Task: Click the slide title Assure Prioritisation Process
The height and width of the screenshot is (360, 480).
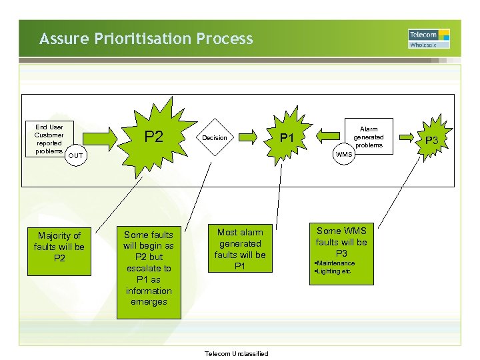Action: point(146,39)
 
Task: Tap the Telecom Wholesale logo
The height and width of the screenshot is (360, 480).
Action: point(429,39)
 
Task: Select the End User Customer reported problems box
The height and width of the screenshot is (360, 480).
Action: point(49,139)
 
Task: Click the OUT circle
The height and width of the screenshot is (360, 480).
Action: point(77,156)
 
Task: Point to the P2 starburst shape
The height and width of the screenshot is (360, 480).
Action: point(154,137)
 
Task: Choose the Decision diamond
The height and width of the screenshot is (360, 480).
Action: point(215,138)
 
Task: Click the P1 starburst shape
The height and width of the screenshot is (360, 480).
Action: point(287,138)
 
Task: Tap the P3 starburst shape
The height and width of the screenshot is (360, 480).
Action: point(432,140)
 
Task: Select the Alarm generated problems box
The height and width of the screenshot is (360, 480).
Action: point(368,137)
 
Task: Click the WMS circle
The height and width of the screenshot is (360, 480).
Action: point(344,155)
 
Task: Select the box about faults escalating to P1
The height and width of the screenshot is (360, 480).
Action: point(148,268)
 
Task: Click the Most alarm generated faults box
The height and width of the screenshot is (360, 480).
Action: point(240,249)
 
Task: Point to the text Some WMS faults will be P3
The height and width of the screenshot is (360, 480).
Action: point(341,242)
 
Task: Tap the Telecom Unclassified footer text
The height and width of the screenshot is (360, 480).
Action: point(237,353)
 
